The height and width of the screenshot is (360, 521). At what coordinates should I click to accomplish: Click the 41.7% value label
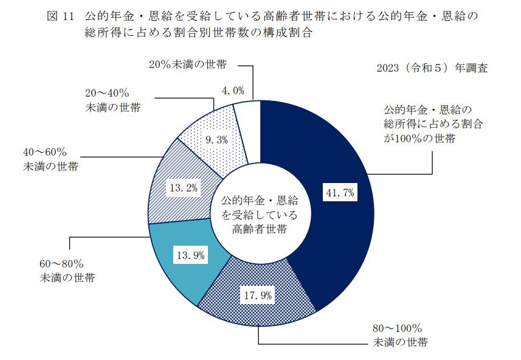[x=340, y=193]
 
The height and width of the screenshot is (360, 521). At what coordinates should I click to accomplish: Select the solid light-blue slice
[x=176, y=268]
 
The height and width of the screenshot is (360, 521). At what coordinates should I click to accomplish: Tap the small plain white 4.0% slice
[x=248, y=131]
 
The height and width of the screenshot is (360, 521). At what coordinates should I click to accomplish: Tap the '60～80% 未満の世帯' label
[x=64, y=271]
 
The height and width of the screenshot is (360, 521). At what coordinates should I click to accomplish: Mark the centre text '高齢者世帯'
[x=260, y=229]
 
